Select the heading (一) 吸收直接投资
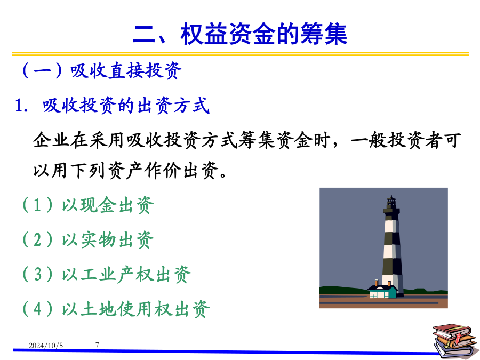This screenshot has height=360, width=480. (x=102, y=71)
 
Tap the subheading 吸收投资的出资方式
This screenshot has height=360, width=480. (x=126, y=106)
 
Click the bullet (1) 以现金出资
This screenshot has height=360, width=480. (x=87, y=205)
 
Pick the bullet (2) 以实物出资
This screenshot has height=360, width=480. (x=87, y=239)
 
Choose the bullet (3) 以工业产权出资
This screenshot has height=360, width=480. (x=106, y=274)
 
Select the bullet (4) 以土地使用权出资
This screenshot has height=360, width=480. (x=116, y=309)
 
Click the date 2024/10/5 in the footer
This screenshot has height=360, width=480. (x=46, y=346)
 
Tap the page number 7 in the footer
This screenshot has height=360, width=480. (x=97, y=345)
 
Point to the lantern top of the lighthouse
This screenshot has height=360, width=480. (x=391, y=203)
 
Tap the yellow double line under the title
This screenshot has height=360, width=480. (x=241, y=54)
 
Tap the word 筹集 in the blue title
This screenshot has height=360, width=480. (x=324, y=34)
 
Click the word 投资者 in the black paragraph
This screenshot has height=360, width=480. (x=415, y=140)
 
